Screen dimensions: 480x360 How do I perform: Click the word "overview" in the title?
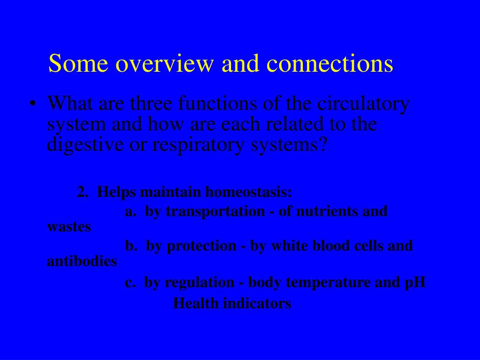tap(164, 63)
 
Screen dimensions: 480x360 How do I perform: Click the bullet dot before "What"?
tap(32, 104)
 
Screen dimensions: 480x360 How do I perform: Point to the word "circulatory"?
tap(363, 105)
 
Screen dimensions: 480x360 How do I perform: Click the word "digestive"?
tap(85, 145)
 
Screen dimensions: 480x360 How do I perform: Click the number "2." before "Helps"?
tap(82, 192)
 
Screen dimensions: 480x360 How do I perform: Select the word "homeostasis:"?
tap(248, 192)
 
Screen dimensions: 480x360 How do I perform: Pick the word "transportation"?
tap(215, 212)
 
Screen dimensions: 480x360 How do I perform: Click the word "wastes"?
tap(69, 227)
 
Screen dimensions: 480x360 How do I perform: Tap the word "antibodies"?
tap(82, 261)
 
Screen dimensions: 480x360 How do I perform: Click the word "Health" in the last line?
tap(196, 303)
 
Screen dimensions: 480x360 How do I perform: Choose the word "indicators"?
tap(257, 303)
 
